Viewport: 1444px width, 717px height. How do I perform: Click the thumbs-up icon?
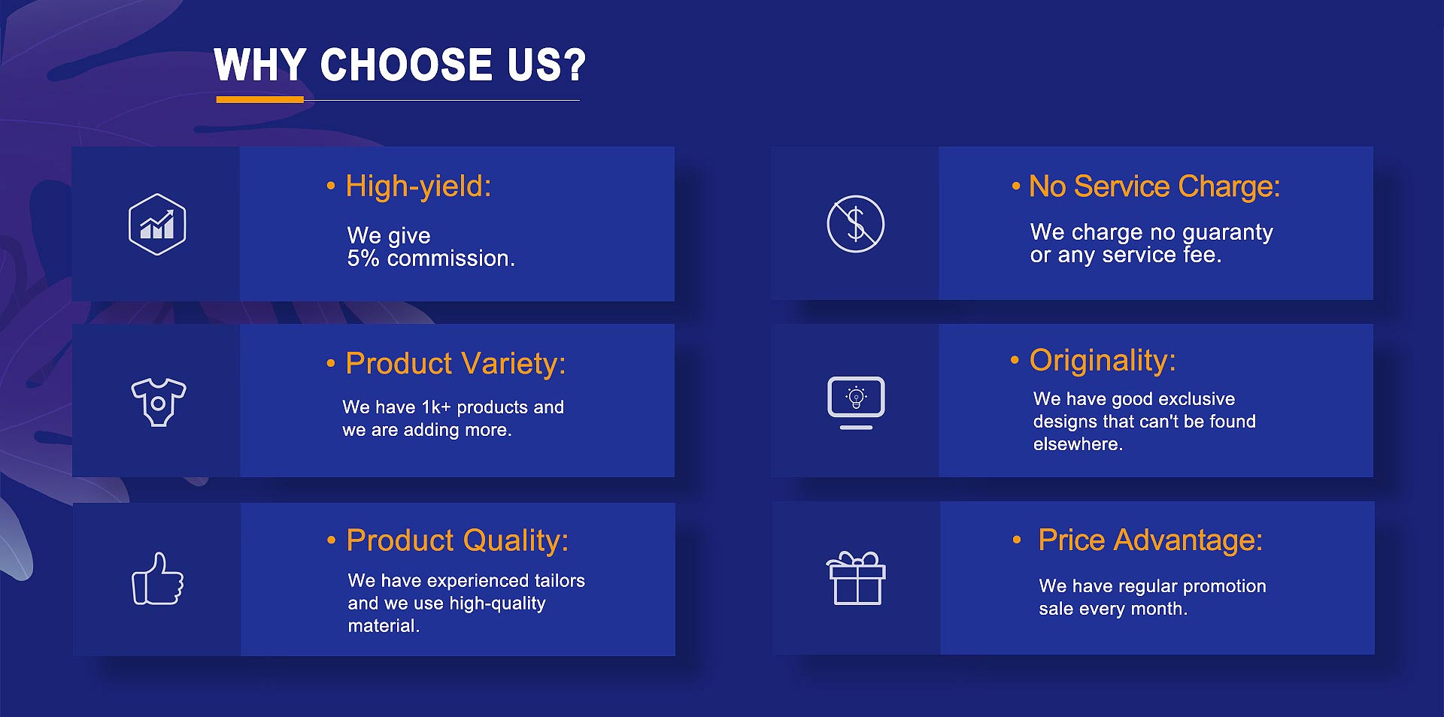(x=158, y=579)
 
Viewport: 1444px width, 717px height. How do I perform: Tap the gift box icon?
(x=856, y=578)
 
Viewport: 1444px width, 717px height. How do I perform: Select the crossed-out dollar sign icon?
(x=856, y=224)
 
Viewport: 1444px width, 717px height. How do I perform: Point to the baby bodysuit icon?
(x=158, y=402)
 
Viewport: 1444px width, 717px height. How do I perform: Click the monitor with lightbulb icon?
(x=856, y=403)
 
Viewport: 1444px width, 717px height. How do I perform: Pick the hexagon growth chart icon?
(x=157, y=224)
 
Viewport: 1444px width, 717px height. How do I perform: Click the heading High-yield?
(x=418, y=186)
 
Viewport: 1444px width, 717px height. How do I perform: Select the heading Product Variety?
(x=455, y=364)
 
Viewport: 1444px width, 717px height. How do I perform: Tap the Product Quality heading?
(x=457, y=540)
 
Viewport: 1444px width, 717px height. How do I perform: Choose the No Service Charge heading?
(x=1154, y=186)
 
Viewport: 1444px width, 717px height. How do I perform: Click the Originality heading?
(x=1103, y=361)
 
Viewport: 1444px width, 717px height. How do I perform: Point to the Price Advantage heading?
(x=1150, y=540)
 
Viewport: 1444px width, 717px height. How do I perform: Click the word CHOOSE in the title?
(x=406, y=65)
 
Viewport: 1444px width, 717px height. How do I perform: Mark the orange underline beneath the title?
(x=259, y=99)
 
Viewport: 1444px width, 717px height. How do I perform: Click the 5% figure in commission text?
(x=363, y=259)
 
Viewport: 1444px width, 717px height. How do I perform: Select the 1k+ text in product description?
(x=436, y=407)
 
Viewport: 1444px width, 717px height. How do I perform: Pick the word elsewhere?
(x=1078, y=444)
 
